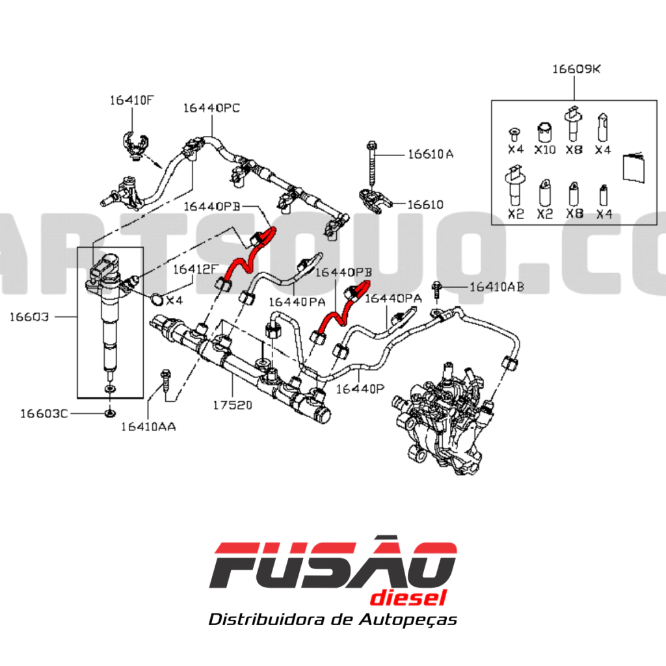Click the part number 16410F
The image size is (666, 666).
[131, 100]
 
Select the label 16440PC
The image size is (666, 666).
[211, 108]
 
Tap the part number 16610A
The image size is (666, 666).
[431, 154]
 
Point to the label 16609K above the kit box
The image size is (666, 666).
[577, 68]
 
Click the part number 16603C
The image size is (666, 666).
[44, 413]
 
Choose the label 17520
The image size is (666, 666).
[232, 405]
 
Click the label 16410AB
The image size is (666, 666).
[497, 287]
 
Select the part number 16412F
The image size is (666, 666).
[194, 268]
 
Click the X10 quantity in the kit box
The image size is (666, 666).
[544, 150]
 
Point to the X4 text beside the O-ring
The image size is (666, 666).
[174, 300]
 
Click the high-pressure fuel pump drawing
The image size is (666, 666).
[449, 416]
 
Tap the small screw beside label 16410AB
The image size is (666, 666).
[438, 290]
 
